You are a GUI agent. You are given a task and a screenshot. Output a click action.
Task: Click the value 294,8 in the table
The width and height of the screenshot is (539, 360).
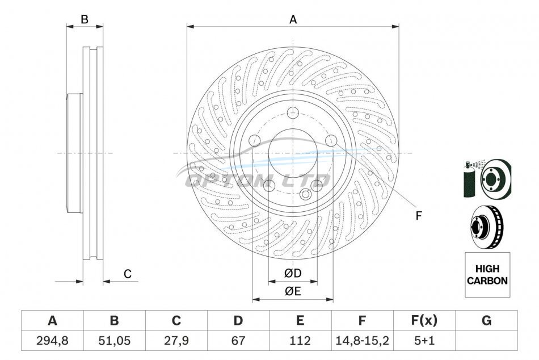tap(52, 341)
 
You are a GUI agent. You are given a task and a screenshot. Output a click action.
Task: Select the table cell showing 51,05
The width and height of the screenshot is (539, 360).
tap(115, 341)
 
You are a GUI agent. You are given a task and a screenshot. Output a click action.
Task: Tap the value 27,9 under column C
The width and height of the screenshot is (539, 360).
tap(176, 341)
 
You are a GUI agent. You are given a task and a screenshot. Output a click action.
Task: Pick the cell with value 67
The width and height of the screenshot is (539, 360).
tap(238, 341)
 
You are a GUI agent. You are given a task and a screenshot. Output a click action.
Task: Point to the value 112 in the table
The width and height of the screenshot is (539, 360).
tap(300, 341)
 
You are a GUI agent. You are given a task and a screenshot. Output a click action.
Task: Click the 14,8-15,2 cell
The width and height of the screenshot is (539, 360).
tap(362, 341)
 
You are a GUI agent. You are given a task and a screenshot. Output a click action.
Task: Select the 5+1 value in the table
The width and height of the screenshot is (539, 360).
tap(424, 341)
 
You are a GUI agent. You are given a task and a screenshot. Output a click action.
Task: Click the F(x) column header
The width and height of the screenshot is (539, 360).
tap(424, 320)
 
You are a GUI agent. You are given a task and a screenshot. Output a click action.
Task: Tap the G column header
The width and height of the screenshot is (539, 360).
tap(486, 320)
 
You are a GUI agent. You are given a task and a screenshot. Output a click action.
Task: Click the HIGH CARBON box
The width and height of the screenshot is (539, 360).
tap(487, 275)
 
